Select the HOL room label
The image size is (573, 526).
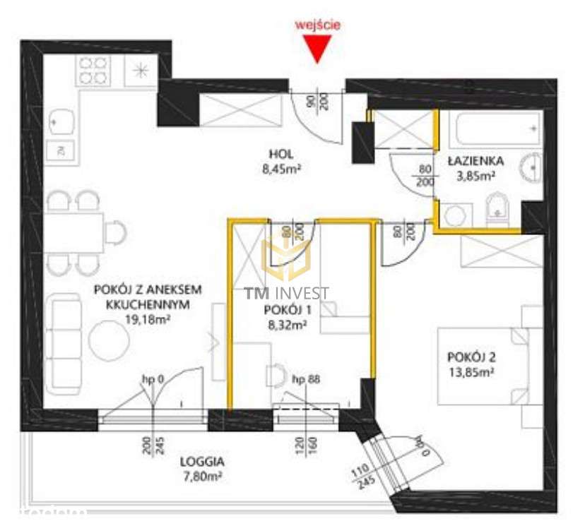coord(280,154)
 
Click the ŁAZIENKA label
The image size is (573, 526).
coord(475,162)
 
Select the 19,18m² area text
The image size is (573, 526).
coord(148,319)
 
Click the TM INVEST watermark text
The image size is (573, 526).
coord(286,293)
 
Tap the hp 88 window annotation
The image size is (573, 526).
coord(306,380)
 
